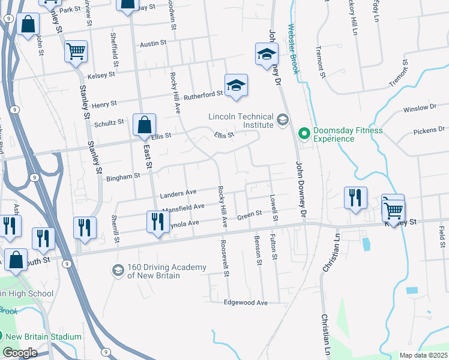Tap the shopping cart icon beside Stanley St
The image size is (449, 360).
[76, 52]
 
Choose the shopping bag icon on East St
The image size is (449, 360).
[144, 125]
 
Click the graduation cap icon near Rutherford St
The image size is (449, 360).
[237, 85]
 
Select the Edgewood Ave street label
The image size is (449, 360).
[246, 303]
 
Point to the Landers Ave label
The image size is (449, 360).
[178, 193]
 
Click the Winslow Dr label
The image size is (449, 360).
[420, 109]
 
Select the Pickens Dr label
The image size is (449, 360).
[429, 130]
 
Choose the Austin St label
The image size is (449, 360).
[152, 44]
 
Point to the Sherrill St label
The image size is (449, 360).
[116, 232]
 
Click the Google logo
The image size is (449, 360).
[20, 353]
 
